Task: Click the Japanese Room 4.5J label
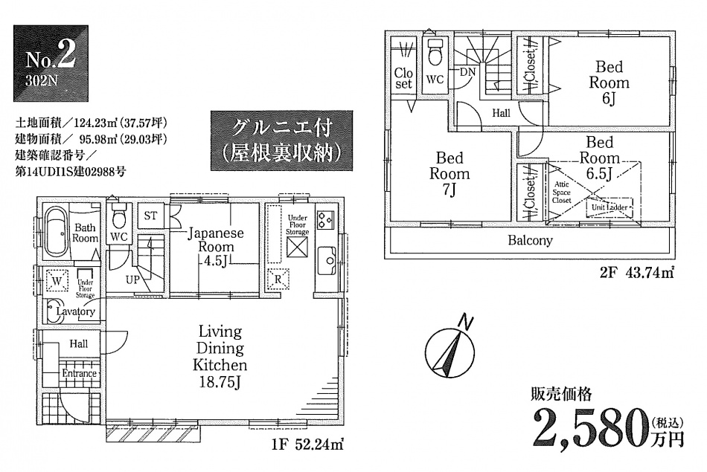(216, 246)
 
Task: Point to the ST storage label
(150, 216)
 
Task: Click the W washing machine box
(55, 281)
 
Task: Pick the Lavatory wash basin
(54, 311)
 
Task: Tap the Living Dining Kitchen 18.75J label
(220, 357)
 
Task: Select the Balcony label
(530, 241)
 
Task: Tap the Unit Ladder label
(609, 207)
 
